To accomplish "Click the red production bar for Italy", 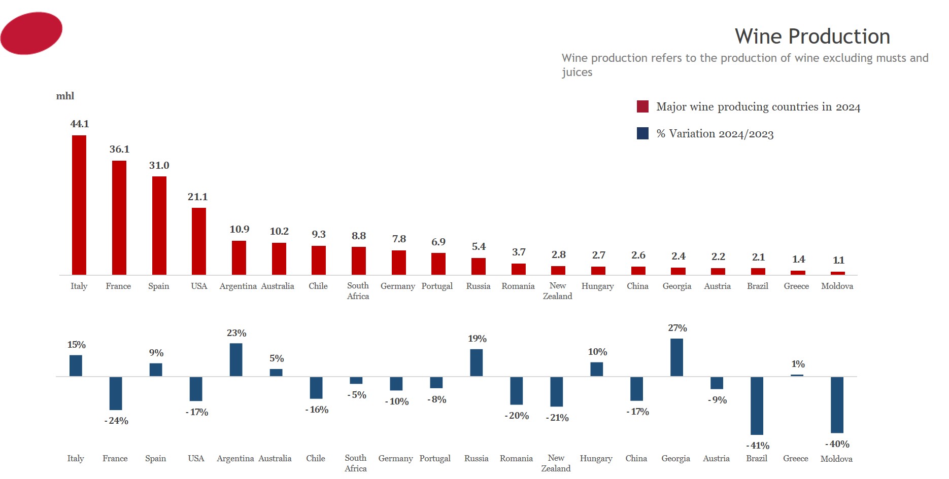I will click(x=79, y=205).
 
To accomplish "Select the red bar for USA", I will click(x=199, y=241).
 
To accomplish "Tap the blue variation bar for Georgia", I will click(x=676, y=357).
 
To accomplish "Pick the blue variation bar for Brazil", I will click(x=757, y=406).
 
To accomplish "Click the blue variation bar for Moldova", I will click(x=837, y=404).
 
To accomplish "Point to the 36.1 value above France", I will click(x=119, y=150).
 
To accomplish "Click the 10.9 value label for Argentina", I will click(x=240, y=230).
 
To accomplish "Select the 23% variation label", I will click(x=236, y=334).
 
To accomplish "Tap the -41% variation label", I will click(x=758, y=446).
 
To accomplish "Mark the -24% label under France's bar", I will click(x=116, y=421).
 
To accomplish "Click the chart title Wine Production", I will click(x=812, y=36).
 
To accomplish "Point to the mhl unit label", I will click(x=65, y=96).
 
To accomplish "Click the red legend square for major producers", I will click(x=642, y=106).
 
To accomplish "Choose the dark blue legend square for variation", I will click(x=642, y=133).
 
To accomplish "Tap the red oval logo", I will click(x=31, y=33).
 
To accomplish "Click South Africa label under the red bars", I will click(x=358, y=291).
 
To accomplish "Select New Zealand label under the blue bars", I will click(x=556, y=463).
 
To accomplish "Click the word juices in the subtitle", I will click(x=577, y=72).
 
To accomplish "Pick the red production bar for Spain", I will click(x=159, y=226).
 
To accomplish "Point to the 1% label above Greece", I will click(x=798, y=364).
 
